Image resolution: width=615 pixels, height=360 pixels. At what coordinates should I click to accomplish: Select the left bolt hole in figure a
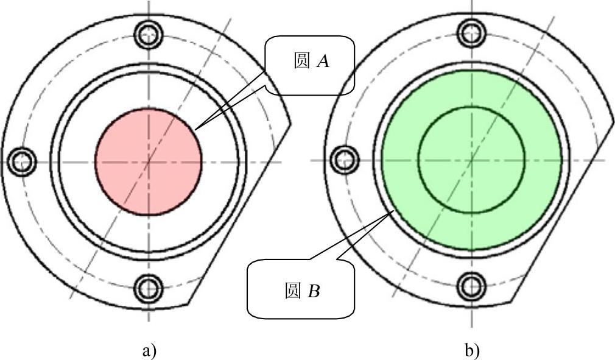pyautogui.click(x=23, y=161)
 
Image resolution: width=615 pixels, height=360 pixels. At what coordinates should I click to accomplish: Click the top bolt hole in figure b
pyautogui.click(x=472, y=33)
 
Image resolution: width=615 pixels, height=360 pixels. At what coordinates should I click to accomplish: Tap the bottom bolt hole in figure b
pyautogui.click(x=472, y=285)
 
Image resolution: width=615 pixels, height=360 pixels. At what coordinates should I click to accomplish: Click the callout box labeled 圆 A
pyautogui.click(x=309, y=65)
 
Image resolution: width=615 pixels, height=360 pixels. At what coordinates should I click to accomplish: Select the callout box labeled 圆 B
pyautogui.click(x=301, y=289)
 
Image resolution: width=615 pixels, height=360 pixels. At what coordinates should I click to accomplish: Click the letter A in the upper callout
pyautogui.click(x=323, y=62)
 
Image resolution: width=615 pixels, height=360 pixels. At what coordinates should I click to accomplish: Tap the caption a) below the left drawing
pyautogui.click(x=149, y=351)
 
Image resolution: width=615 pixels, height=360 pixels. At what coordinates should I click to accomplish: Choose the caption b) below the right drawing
pyautogui.click(x=472, y=351)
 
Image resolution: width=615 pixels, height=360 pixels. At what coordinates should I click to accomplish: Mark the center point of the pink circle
pyautogui.click(x=149, y=161)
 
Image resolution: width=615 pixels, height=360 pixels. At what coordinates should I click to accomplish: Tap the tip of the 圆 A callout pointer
pyautogui.click(x=196, y=129)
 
